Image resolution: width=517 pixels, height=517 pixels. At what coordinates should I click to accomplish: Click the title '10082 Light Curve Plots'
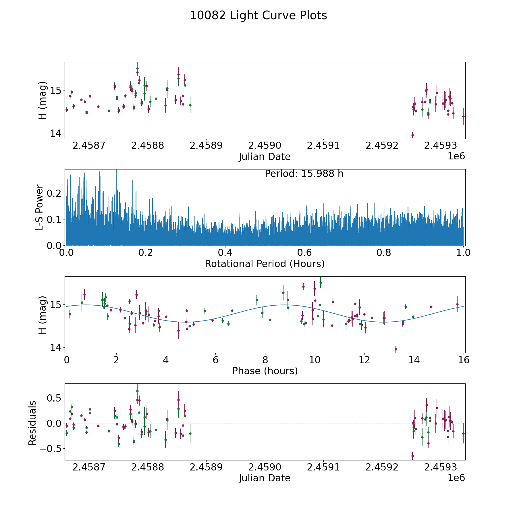coord(258,16)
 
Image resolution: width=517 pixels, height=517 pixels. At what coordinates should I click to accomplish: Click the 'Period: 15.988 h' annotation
coord(304,174)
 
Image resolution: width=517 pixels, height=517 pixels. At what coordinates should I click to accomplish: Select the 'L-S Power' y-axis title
coord(40,207)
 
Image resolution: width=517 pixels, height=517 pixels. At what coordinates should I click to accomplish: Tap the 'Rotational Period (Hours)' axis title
coord(265,264)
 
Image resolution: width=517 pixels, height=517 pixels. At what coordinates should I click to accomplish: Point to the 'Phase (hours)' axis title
coord(265,371)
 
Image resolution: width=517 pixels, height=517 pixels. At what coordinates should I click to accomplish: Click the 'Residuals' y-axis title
coord(32,423)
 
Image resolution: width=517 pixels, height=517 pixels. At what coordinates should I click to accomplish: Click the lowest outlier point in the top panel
coord(412,135)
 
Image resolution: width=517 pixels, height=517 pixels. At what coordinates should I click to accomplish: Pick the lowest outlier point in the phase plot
coord(396,350)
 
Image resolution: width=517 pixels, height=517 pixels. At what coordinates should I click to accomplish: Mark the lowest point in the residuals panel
coord(412,456)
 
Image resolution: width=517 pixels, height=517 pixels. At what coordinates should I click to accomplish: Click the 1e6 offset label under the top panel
coord(456,156)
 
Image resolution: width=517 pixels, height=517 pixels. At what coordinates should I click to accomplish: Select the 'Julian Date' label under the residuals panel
coord(265,478)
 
